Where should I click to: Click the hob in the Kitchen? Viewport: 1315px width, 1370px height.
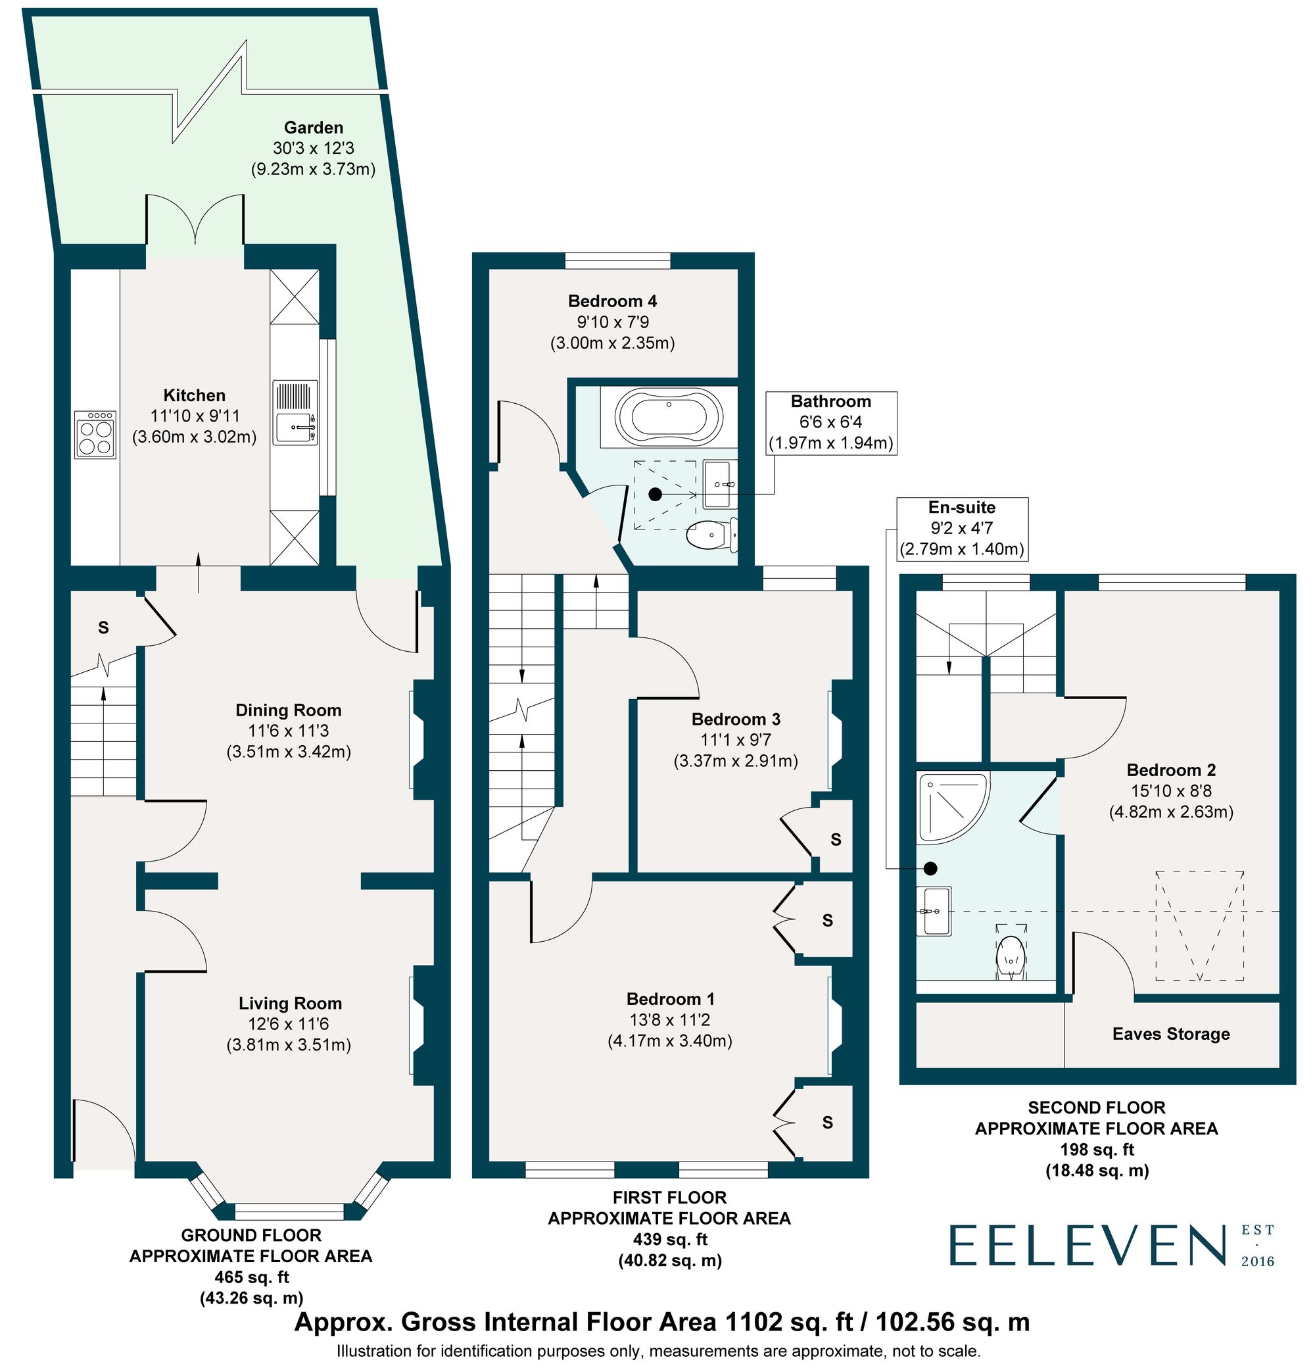click(x=96, y=435)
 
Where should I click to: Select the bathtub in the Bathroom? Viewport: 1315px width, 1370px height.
click(x=669, y=417)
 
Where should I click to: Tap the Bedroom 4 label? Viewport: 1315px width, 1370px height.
click(x=612, y=301)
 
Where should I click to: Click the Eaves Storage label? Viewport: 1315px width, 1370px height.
click(x=1171, y=1034)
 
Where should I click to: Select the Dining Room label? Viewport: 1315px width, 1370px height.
click(x=289, y=710)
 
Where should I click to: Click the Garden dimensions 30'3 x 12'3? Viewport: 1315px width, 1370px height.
click(x=314, y=148)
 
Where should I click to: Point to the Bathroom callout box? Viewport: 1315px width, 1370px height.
click(x=832, y=423)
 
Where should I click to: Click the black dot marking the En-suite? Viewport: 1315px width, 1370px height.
click(x=930, y=869)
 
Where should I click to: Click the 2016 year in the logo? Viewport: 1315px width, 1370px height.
click(x=1258, y=1261)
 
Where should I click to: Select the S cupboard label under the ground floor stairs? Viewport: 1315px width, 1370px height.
click(x=103, y=627)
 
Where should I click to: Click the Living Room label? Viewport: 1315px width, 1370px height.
click(x=291, y=1004)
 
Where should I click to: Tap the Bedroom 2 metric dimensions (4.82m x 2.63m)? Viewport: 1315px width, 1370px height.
click(x=1172, y=812)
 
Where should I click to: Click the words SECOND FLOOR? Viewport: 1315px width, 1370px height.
click(x=1097, y=1108)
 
